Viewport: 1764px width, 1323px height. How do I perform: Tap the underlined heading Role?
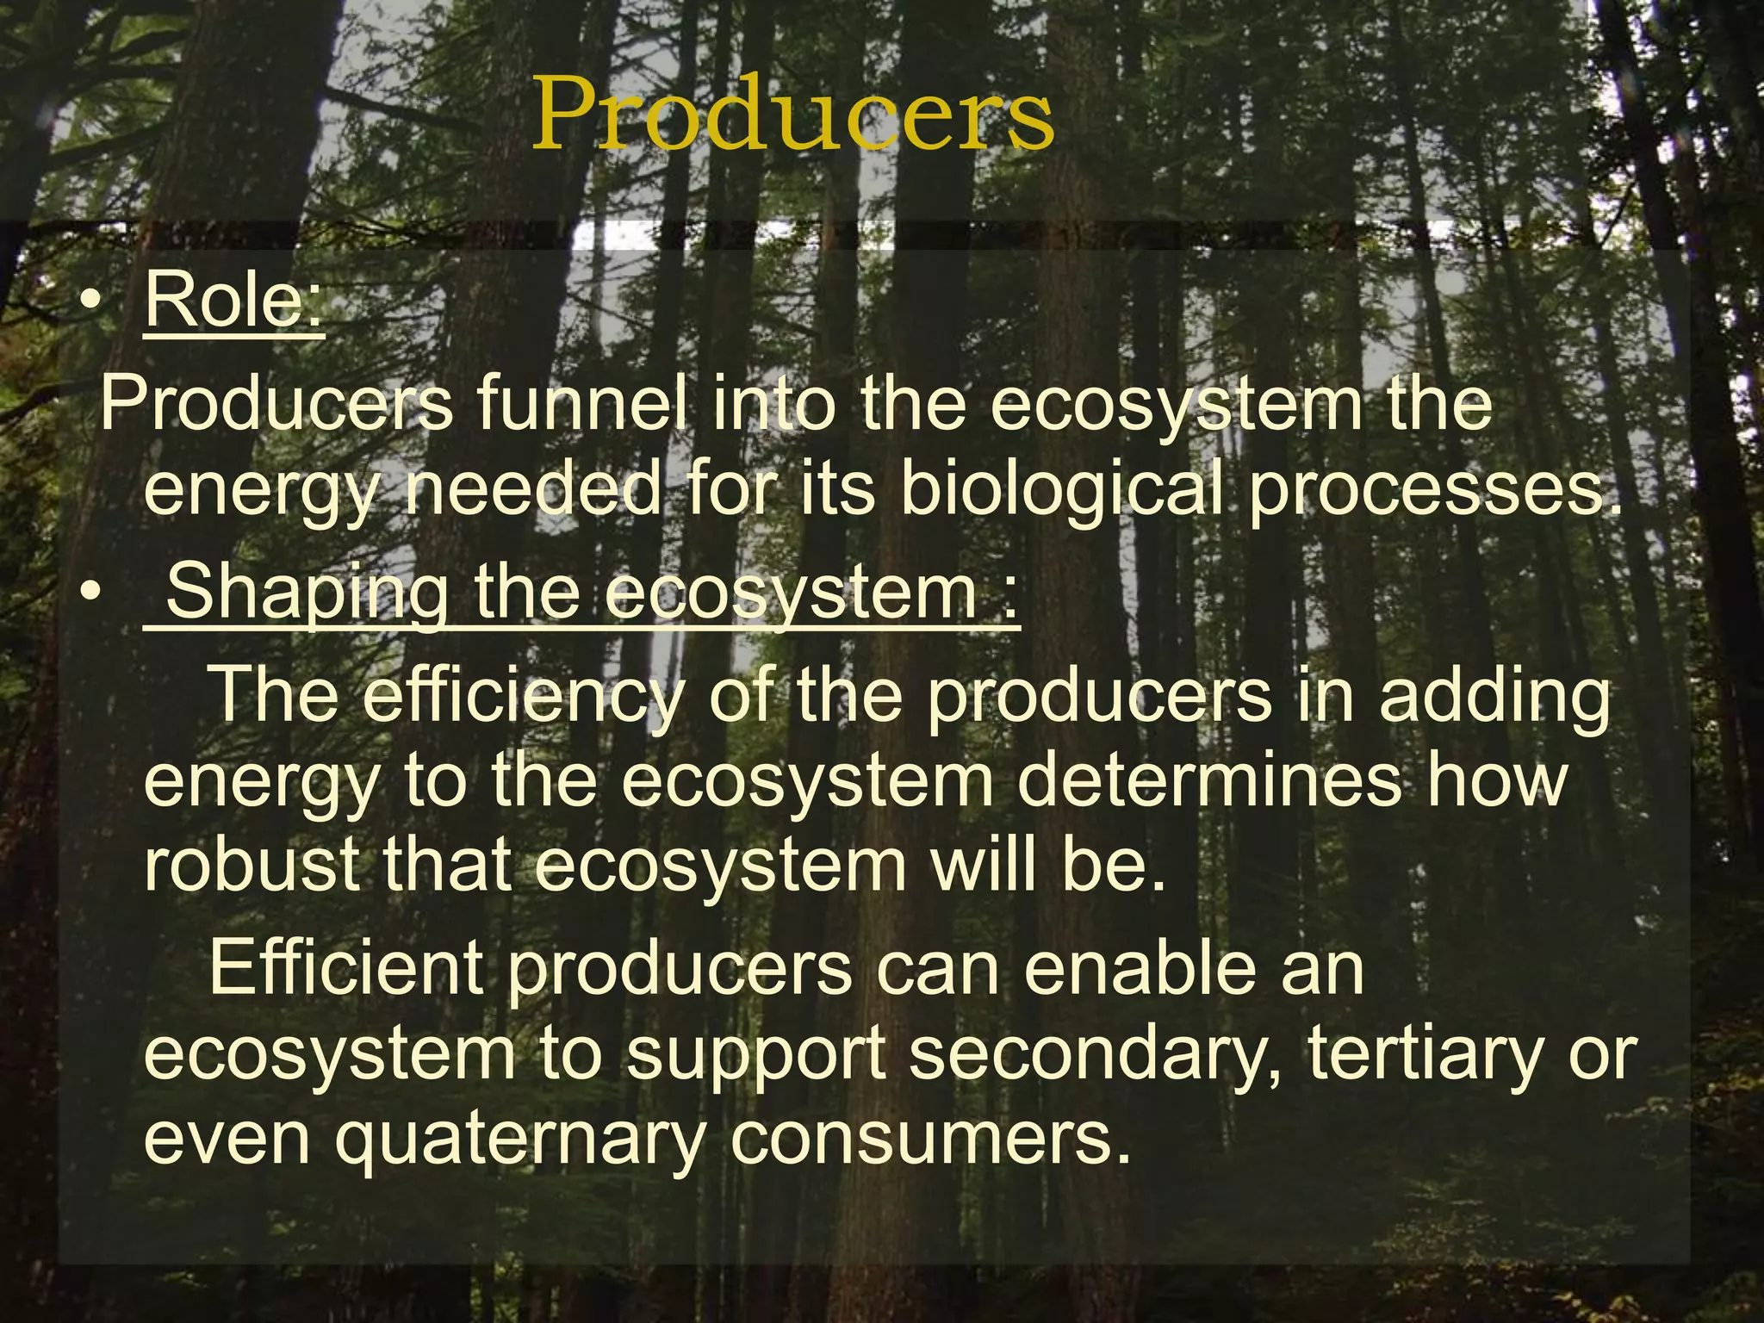point(234,301)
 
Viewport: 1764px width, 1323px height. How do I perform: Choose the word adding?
point(1494,696)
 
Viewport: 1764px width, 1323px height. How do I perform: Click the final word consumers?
point(930,1140)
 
